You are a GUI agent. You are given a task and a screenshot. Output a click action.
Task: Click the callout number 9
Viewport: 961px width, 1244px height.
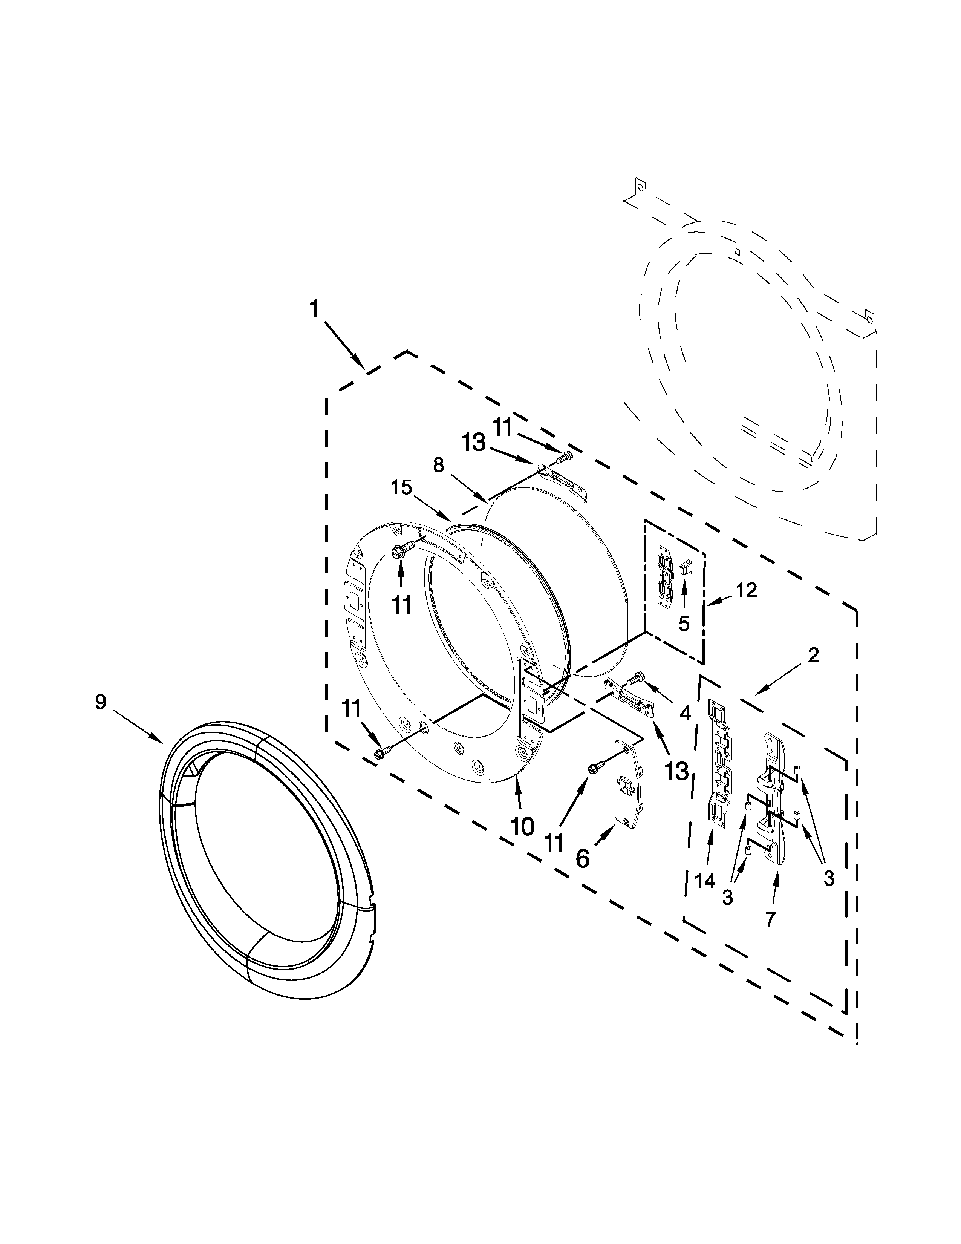click(x=101, y=702)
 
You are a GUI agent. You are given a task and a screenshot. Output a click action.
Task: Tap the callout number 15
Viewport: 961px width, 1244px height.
click(x=401, y=487)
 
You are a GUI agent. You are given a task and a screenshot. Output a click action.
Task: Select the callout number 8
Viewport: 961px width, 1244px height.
click(x=438, y=465)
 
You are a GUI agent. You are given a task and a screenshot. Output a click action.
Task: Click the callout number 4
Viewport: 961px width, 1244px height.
click(x=685, y=712)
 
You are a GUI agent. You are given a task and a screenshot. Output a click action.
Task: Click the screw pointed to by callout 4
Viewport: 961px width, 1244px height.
click(x=635, y=679)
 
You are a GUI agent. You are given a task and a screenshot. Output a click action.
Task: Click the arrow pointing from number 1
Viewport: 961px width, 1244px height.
click(x=345, y=345)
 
